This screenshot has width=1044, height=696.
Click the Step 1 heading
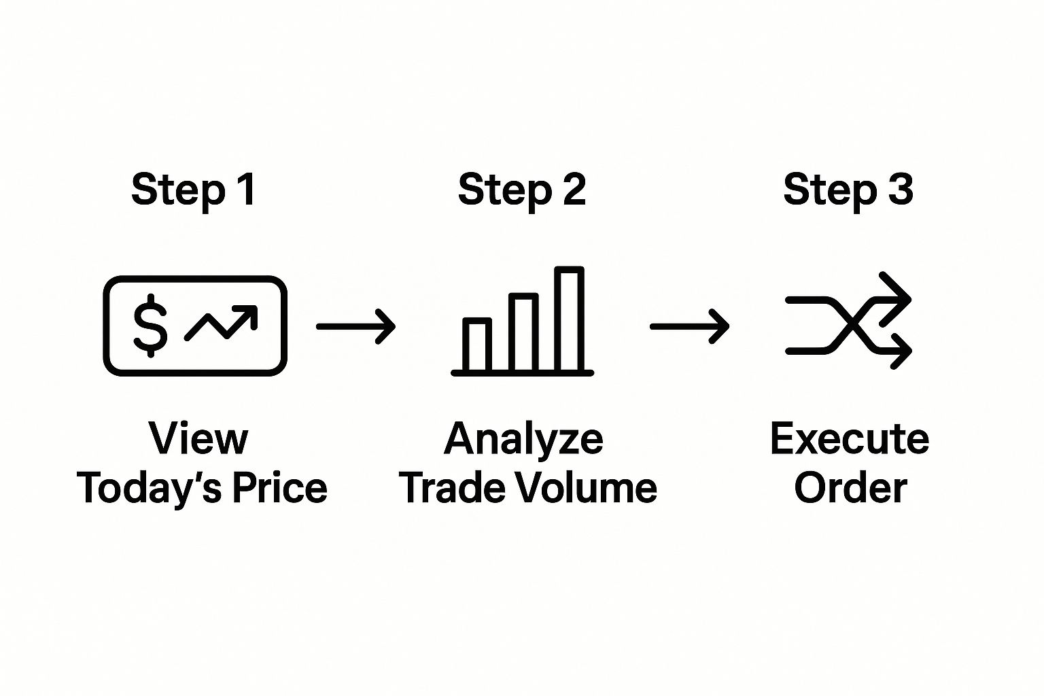point(194,190)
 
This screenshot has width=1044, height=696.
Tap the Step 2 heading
point(521,190)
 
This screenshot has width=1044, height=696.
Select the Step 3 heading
point(848,190)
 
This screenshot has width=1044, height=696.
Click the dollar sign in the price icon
point(150,326)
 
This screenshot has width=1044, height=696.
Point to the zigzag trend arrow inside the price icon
point(221,323)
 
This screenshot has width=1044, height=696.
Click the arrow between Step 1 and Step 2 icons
point(355,327)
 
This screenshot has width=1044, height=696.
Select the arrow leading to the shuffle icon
point(689,327)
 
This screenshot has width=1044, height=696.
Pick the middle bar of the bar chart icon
point(523,332)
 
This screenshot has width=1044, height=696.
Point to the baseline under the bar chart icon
point(523,373)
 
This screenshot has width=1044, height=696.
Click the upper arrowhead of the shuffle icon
point(895,299)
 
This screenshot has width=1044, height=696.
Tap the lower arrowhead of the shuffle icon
point(896,351)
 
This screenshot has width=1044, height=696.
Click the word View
point(198,438)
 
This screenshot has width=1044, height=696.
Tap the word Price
point(280,487)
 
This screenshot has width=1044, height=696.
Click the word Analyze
point(524,440)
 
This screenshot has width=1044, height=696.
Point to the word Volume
point(587,487)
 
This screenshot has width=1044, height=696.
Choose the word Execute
point(850,438)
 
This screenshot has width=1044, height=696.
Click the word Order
point(850,487)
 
